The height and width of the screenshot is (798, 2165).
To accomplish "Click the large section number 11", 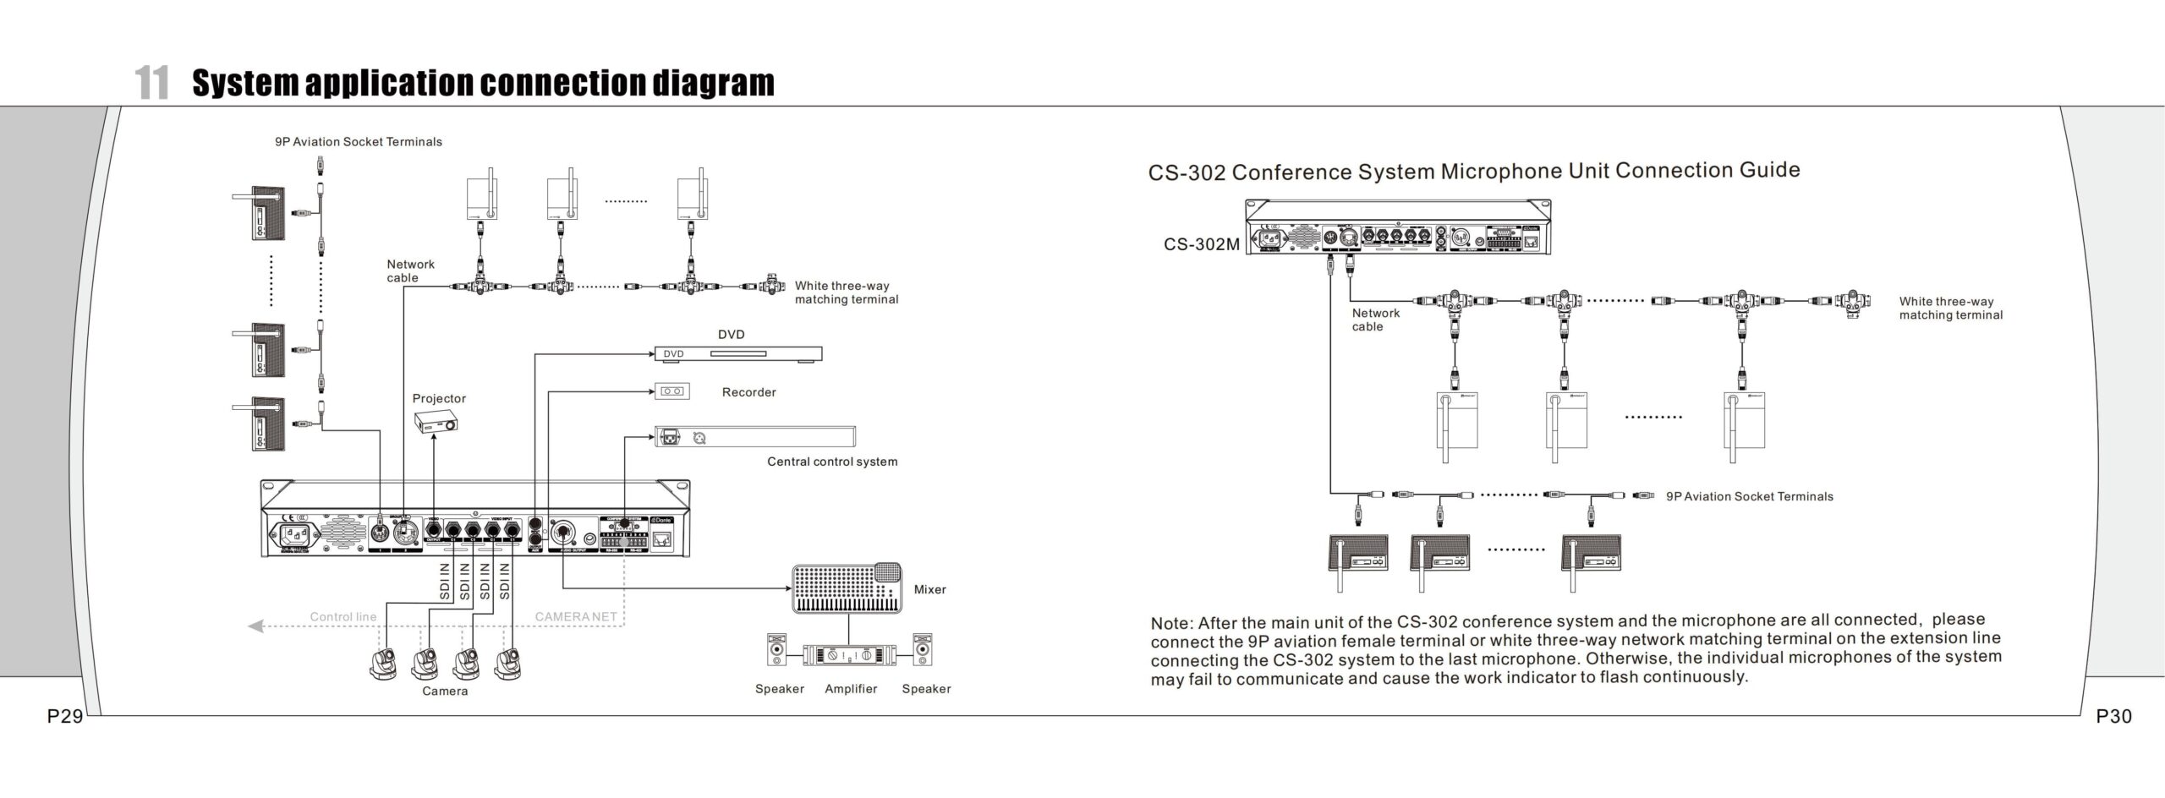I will (152, 83).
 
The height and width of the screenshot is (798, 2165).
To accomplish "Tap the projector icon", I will (436, 422).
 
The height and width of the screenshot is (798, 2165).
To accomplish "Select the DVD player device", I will (737, 354).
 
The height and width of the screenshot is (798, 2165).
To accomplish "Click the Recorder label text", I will (748, 392).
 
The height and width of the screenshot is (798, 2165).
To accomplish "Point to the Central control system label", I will (832, 462).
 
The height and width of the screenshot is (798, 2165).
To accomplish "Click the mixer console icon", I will (847, 588).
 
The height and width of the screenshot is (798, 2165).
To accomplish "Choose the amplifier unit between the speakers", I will (849, 654).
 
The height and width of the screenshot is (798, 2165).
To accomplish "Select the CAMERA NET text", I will (576, 617).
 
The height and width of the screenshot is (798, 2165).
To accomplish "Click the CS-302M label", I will (1201, 245).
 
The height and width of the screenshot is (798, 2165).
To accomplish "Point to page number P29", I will (64, 717).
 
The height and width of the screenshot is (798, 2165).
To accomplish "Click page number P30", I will (2113, 717).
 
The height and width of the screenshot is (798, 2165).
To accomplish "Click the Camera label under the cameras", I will (445, 691).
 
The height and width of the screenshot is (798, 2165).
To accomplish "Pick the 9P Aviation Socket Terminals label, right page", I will (1749, 497).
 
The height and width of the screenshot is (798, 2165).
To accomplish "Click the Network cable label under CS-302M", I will (1375, 320).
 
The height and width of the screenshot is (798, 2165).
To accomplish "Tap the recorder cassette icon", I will (672, 391).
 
